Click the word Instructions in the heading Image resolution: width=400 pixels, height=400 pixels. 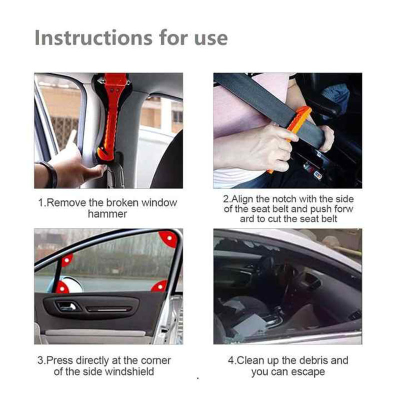(x=93, y=38)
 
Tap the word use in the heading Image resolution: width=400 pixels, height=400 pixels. (x=211, y=39)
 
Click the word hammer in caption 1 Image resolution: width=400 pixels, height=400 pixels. (x=107, y=214)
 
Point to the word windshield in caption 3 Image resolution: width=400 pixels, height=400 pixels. (x=129, y=371)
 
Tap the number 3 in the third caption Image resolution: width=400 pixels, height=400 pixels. (x=40, y=360)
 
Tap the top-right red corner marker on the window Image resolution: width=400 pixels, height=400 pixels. (x=168, y=239)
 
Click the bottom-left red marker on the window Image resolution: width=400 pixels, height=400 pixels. (x=61, y=288)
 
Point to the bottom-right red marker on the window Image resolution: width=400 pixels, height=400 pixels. (x=160, y=286)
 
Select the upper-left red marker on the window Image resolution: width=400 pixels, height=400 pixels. (x=67, y=260)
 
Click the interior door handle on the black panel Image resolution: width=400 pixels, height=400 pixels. (x=67, y=305)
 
